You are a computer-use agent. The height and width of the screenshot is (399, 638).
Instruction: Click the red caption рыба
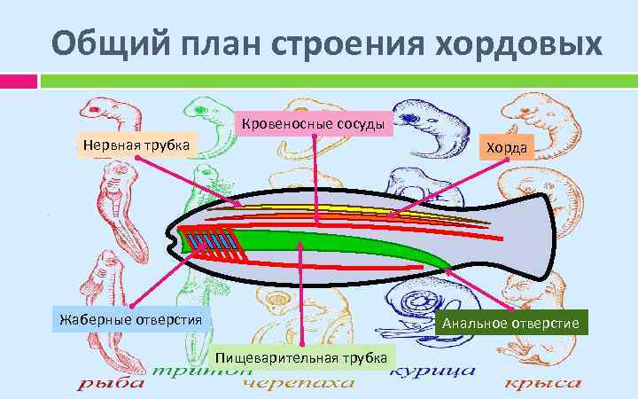(x=111, y=385)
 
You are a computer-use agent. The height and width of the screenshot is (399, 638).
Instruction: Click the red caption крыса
(x=542, y=385)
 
